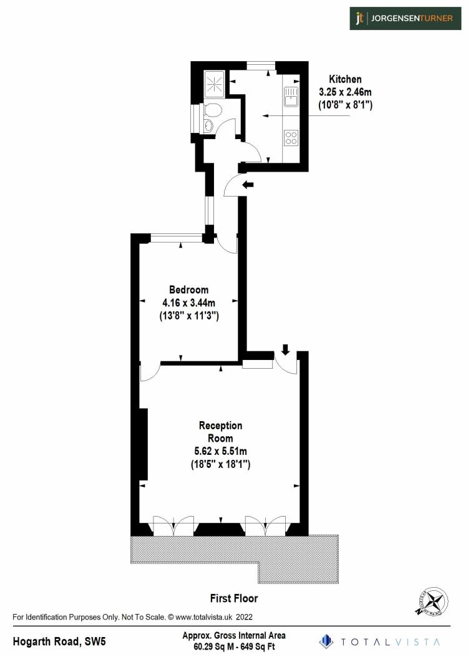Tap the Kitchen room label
[345, 79]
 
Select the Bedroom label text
[188, 290]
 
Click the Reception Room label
[220, 432]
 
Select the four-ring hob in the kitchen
[291, 137]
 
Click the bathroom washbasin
[208, 127]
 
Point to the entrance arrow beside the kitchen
[248, 185]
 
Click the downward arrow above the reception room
[285, 349]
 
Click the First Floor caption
[233, 598]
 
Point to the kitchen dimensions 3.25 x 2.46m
[345, 92]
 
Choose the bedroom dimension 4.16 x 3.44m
[188, 303]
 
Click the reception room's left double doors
[173, 525]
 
